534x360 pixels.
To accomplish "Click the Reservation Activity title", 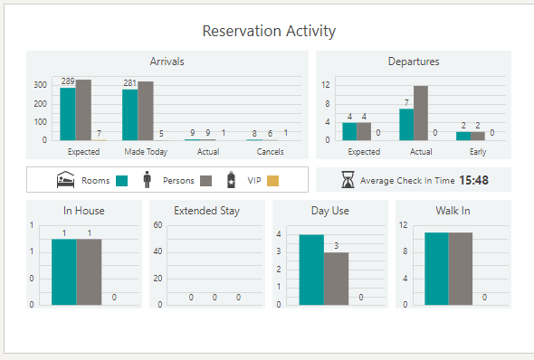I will pyautogui.click(x=269, y=31).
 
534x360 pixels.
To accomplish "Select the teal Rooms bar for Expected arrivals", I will pyautogui.click(x=68, y=114).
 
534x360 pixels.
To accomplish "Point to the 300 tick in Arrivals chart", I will pyautogui.click(x=41, y=84).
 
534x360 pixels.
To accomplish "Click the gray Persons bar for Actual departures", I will pyautogui.click(x=421, y=113).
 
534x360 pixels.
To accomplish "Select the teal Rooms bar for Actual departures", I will pyautogui.click(x=406, y=124).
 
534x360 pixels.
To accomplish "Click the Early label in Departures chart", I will pyautogui.click(x=477, y=152).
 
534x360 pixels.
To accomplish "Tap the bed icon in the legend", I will pyautogui.click(x=66, y=180).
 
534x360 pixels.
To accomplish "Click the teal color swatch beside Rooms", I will pyautogui.click(x=122, y=181).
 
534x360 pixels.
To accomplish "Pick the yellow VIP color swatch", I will pyautogui.click(x=272, y=181).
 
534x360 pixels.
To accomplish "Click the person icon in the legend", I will pyautogui.click(x=148, y=180).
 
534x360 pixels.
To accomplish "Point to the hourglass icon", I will pyautogui.click(x=348, y=180).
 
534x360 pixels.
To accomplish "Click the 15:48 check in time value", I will pyautogui.click(x=473, y=180).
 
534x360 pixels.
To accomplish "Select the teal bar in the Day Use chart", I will pyautogui.click(x=311, y=270).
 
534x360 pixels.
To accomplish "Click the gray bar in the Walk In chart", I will pyautogui.click(x=461, y=269).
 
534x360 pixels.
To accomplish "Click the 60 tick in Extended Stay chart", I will pyautogui.click(x=157, y=225).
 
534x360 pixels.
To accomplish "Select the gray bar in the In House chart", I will pyautogui.click(x=90, y=271).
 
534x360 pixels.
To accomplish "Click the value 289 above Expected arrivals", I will pyautogui.click(x=68, y=81).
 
